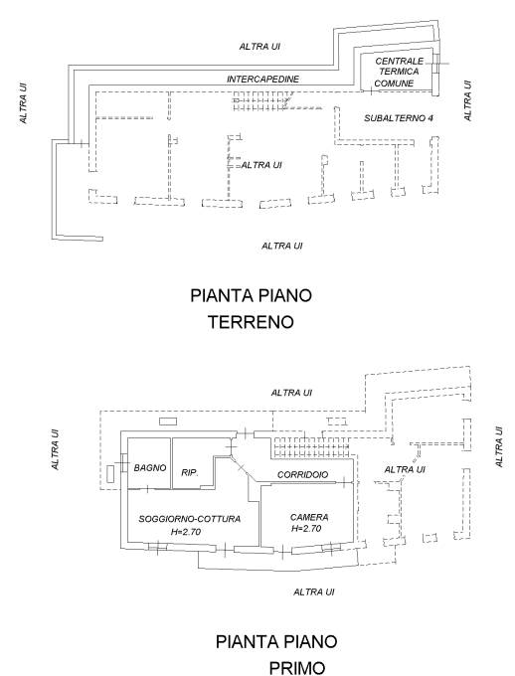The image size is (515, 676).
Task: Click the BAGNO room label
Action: (x=150, y=467)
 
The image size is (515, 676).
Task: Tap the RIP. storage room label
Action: (x=190, y=472)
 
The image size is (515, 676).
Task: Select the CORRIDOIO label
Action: (x=303, y=474)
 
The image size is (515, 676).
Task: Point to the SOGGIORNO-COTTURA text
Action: (x=189, y=519)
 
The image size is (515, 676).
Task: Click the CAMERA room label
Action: (x=309, y=517)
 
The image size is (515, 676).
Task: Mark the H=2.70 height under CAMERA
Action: (x=306, y=529)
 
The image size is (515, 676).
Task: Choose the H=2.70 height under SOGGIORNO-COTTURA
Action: (x=186, y=532)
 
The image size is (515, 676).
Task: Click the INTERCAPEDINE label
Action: (x=262, y=80)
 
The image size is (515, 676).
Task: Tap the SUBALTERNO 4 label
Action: (x=399, y=118)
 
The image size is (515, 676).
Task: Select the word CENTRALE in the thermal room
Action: (x=400, y=62)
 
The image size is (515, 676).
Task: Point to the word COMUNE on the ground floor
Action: (x=394, y=84)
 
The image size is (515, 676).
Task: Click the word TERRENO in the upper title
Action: (x=251, y=322)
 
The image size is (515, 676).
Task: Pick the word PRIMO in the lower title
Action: (x=297, y=668)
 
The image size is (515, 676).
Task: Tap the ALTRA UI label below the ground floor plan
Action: (x=282, y=246)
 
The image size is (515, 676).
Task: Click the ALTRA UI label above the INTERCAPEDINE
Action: (x=259, y=47)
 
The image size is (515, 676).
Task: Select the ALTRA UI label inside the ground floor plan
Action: (x=261, y=165)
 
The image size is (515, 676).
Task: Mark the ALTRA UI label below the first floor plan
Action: (x=314, y=591)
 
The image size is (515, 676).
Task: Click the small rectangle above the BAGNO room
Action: (x=168, y=422)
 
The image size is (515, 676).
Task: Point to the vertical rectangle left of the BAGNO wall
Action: (x=110, y=473)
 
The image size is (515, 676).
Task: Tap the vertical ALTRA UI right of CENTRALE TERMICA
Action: (x=467, y=100)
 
